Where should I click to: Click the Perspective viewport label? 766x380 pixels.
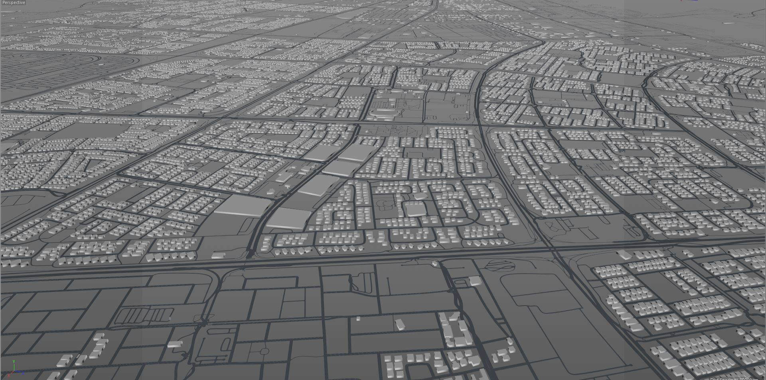click(14, 2)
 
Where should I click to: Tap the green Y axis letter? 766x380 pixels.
click(14, 362)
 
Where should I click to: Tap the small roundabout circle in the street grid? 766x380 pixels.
click(264, 351)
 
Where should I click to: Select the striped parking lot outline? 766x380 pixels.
click(145, 314)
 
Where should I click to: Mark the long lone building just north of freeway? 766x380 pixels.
click(218, 255)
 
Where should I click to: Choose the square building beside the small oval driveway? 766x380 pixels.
click(475, 280)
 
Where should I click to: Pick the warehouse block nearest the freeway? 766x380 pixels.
click(288, 218)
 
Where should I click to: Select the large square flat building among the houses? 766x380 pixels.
click(415, 209)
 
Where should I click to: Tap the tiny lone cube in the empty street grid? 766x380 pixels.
click(358, 318)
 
